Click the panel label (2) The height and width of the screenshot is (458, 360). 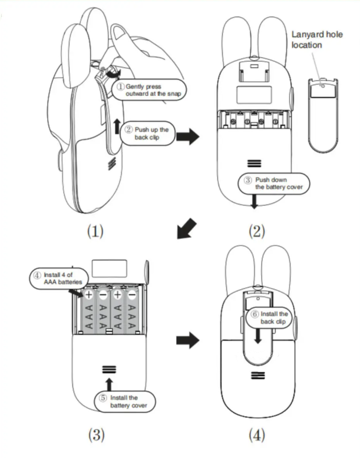(255, 231)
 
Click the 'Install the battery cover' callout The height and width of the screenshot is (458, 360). (125, 401)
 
